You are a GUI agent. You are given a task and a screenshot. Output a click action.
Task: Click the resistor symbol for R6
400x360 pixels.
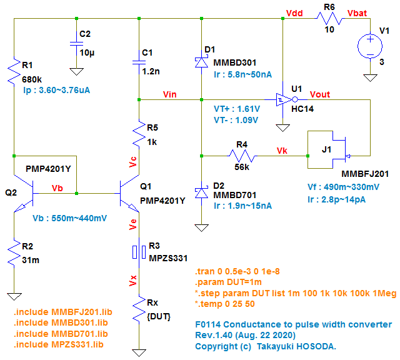pos(329,19)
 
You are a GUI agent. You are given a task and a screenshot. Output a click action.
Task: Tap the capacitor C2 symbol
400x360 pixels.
pos(76,44)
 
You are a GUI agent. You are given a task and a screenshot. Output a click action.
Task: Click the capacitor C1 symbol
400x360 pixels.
pos(139,62)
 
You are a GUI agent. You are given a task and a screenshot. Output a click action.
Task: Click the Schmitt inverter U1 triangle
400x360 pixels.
pos(284,99)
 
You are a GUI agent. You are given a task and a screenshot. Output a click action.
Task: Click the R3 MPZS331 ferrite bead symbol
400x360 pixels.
pos(139,251)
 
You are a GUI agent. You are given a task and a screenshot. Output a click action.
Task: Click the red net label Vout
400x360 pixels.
pos(320,94)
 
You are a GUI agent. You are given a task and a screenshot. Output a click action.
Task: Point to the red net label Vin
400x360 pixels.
pos(169,94)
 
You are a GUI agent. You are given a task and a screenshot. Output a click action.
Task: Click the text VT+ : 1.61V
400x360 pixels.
pos(237,107)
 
